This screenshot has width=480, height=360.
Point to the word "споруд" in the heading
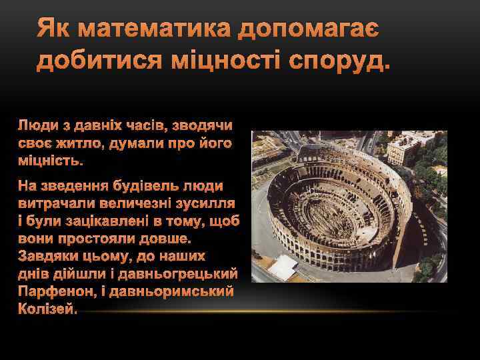point(337,62)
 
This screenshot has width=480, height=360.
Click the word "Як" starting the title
point(54,29)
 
